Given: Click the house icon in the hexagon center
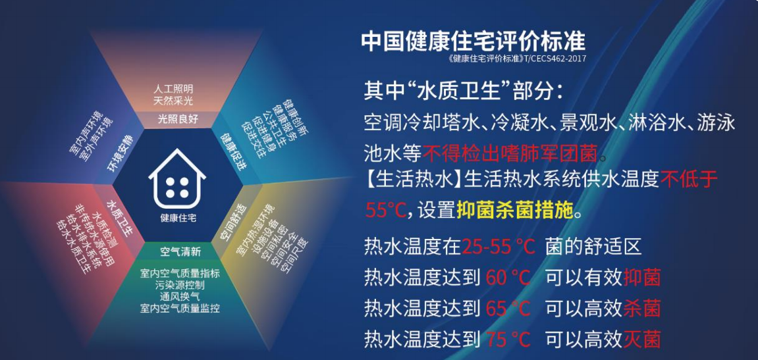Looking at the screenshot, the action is pos(177,179).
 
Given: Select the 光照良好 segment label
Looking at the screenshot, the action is pos(178,119).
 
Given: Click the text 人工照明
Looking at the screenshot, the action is pos(173,90).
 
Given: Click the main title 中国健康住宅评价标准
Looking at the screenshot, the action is pos(473,41).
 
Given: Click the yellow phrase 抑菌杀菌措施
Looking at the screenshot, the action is pos(515,211).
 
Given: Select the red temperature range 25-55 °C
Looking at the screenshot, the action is pos(498,247).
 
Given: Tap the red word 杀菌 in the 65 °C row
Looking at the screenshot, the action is pos(641,308).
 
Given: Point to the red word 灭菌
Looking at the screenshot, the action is pos(641,338).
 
